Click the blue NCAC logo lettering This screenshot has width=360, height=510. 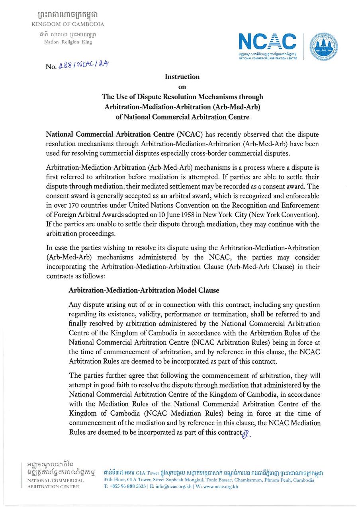(267, 42)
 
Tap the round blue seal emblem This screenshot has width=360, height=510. (324, 46)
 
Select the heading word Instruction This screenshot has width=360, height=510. (182, 76)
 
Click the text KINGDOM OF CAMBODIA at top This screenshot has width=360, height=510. (68, 24)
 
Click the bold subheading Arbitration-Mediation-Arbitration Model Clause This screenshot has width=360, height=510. (144, 290)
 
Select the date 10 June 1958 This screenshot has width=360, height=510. (160, 215)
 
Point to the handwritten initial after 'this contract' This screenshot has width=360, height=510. (246, 433)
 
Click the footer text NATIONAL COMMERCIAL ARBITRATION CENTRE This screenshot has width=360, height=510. (53, 483)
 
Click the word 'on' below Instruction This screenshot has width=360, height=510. (182, 86)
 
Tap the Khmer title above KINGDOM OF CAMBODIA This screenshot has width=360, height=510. (68, 15)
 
